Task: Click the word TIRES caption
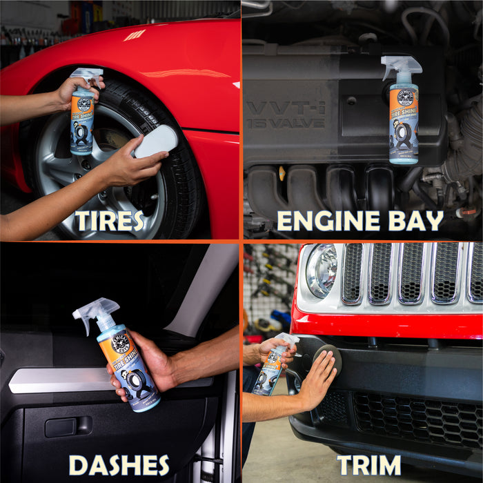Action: [110, 221]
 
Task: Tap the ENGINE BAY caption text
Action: [359, 221]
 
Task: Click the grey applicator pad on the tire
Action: [155, 141]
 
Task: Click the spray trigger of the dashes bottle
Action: [94, 310]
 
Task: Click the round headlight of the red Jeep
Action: [321, 270]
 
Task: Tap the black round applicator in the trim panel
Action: [324, 358]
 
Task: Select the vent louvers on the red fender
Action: [135, 34]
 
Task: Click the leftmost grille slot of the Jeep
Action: [352, 273]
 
